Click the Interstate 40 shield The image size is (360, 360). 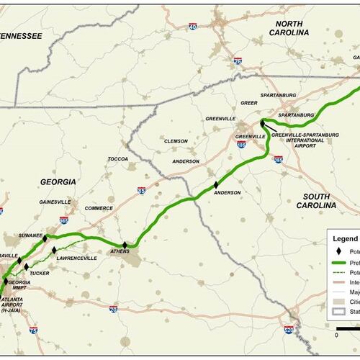192,27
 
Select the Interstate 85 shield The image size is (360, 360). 141,191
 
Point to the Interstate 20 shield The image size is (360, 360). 114,309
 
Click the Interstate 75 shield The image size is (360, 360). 34,330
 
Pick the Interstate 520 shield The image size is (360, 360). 289,330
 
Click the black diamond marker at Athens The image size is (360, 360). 125,246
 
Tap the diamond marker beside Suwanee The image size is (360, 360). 45,238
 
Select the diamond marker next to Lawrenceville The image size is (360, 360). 54,250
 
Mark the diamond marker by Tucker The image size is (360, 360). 27,266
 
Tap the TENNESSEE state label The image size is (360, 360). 20,35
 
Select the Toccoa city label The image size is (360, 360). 117,158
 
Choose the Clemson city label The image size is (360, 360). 176,141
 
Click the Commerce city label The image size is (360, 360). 98,209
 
